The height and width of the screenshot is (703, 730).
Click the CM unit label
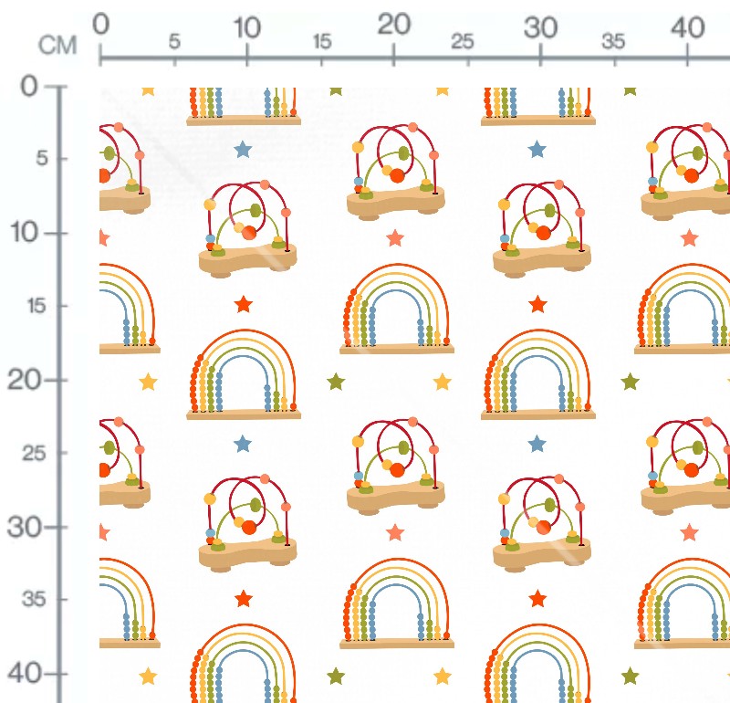pyautogui.click(x=57, y=46)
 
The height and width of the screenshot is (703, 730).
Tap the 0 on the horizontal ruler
pyautogui.click(x=100, y=24)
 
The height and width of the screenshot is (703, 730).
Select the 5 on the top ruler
pyautogui.click(x=174, y=41)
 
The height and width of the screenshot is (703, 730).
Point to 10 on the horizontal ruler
pyautogui.click(x=246, y=27)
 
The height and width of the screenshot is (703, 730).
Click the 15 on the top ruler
pyautogui.click(x=322, y=41)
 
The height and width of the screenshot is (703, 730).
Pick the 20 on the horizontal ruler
pyautogui.click(x=394, y=25)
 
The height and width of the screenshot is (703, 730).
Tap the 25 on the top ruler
pyautogui.click(x=463, y=41)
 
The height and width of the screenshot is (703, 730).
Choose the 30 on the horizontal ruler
pyautogui.click(x=540, y=27)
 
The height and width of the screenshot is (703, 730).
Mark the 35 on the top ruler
pyautogui.click(x=612, y=41)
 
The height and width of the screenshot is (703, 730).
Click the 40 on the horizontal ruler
pyautogui.click(x=688, y=27)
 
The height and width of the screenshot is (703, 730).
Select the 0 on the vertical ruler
pyautogui.click(x=29, y=86)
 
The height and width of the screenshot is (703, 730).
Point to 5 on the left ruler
pyautogui.click(x=42, y=158)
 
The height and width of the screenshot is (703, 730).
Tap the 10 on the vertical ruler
pyautogui.click(x=25, y=232)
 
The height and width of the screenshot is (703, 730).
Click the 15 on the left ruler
pyautogui.click(x=36, y=306)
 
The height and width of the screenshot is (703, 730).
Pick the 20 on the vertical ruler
pyautogui.click(x=24, y=380)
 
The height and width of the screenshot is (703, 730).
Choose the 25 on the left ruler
pyautogui.click(x=34, y=453)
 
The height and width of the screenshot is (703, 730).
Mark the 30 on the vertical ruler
pyautogui.click(x=24, y=528)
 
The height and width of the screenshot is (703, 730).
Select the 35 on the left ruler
pyautogui.click(x=34, y=599)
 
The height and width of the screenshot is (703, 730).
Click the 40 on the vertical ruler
pyautogui.click(x=25, y=674)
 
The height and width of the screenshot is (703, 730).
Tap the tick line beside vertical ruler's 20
pyautogui.click(x=56, y=381)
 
